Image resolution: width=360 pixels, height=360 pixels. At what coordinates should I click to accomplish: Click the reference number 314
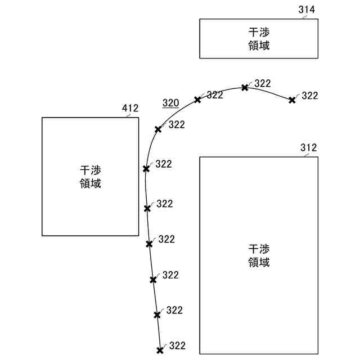(x=307, y=10)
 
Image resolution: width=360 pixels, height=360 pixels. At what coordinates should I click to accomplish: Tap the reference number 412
(x=130, y=108)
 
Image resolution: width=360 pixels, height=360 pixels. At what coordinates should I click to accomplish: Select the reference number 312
(x=308, y=148)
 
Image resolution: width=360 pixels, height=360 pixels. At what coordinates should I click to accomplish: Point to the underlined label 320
(x=170, y=103)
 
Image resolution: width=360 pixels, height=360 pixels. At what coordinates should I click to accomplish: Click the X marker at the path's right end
(x=292, y=100)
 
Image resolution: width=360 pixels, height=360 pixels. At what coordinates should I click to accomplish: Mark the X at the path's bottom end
(x=160, y=350)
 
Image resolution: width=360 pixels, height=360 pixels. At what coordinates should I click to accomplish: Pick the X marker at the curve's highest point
(x=245, y=87)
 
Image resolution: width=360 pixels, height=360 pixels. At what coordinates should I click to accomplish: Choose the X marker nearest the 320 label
(x=197, y=100)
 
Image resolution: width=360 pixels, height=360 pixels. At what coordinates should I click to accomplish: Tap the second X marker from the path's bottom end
(x=157, y=314)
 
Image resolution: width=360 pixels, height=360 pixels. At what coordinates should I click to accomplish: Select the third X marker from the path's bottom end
(x=153, y=280)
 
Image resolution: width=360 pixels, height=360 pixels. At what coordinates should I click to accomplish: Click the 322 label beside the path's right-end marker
(x=310, y=96)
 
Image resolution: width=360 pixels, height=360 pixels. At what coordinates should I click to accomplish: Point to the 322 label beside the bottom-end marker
(x=177, y=346)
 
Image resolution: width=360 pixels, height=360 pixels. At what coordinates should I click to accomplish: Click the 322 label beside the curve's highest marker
(x=263, y=83)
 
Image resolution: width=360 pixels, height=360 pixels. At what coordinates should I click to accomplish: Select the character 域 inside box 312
(x=264, y=262)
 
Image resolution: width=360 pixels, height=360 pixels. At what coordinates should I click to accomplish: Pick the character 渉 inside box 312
(x=264, y=249)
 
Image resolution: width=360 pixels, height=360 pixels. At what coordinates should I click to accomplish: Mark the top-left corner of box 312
(x=200, y=157)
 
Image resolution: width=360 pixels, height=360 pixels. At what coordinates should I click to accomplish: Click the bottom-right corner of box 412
(x=138, y=235)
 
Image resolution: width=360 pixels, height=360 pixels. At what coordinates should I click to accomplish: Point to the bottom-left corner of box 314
(x=200, y=57)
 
